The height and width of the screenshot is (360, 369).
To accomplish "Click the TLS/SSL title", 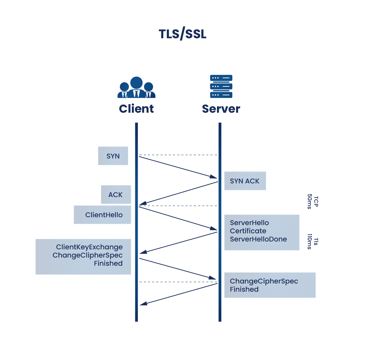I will coord(183,34).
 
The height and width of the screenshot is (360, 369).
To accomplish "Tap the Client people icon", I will coord(136,88).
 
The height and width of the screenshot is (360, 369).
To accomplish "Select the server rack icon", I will coord(221,86).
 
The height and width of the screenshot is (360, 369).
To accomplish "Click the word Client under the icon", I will coord(136,109).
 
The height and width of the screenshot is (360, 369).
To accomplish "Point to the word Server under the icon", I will coord(221,109).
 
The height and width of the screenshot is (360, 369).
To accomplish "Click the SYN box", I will coord(113,156).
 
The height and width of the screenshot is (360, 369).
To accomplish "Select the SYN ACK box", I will coord(245,181).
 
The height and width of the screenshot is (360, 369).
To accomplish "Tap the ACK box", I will coord(116,195).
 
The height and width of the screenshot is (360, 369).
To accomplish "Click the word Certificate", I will coord(248,231).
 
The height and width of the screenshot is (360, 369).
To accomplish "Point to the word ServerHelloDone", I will coord(258,239).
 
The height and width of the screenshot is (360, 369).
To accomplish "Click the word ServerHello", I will coord(249,223).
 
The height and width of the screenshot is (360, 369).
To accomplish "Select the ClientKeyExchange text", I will coord(90,247).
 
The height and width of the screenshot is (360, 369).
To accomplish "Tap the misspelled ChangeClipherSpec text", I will coord(87,255).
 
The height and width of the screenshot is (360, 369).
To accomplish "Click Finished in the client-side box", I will coord(108,263).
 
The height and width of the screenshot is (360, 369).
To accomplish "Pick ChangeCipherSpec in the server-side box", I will coord(264,281).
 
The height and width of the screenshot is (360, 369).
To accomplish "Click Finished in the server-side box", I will coord(244,289).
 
